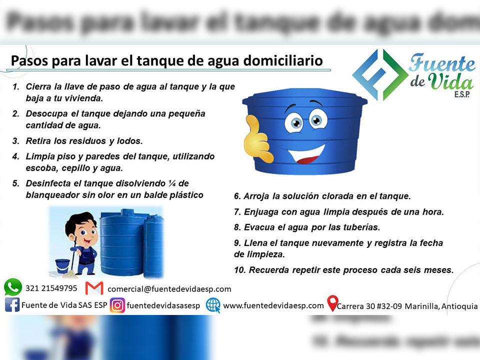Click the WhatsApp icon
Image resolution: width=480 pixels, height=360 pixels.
click(x=13, y=287)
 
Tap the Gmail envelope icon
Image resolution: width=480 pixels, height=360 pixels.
click(x=94, y=288)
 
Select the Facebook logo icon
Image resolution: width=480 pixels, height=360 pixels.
click(x=12, y=305)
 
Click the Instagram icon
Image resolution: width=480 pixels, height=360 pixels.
click(x=117, y=305)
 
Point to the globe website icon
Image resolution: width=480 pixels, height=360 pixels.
click(x=213, y=305)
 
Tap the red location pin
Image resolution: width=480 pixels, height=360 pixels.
click(x=332, y=303)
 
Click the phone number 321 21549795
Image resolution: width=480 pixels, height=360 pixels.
click(x=51, y=288)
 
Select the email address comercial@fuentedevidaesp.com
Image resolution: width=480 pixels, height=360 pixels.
click(x=169, y=288)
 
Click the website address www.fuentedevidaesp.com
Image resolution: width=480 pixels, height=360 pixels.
click(x=273, y=305)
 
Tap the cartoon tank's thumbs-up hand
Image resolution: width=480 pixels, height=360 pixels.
click(x=257, y=141)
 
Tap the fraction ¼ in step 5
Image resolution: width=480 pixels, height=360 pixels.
click(x=179, y=183)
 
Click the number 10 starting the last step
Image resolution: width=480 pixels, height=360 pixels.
click(x=239, y=270)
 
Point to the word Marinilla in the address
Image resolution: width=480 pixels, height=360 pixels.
click(x=421, y=306)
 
